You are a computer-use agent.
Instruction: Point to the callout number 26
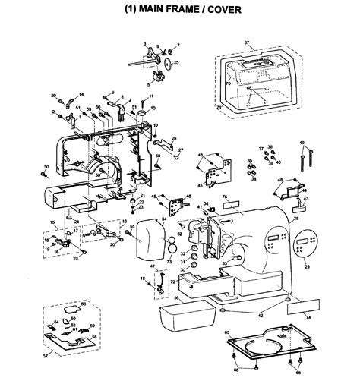click(173, 138)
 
